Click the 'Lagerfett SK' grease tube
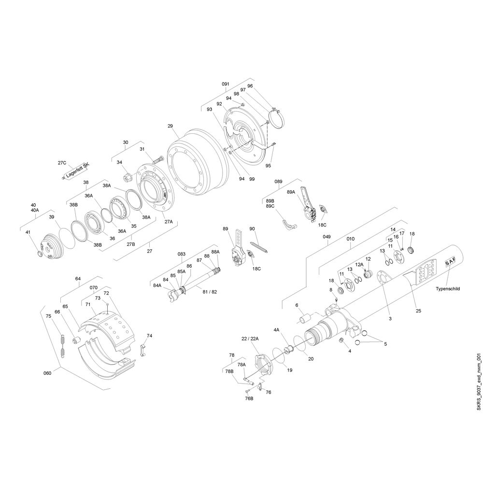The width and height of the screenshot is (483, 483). tap(76, 170)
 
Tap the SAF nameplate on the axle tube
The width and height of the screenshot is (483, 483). tap(450, 263)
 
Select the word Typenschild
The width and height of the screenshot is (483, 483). tap(448, 289)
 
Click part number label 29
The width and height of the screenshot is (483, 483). tap(170, 126)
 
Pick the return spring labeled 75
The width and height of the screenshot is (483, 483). tap(62, 346)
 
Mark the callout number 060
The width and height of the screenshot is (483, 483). tap(47, 373)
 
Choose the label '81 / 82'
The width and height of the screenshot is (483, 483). tap(210, 292)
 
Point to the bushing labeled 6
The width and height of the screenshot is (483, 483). tap(305, 318)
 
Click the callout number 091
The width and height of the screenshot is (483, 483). tap(226, 84)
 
